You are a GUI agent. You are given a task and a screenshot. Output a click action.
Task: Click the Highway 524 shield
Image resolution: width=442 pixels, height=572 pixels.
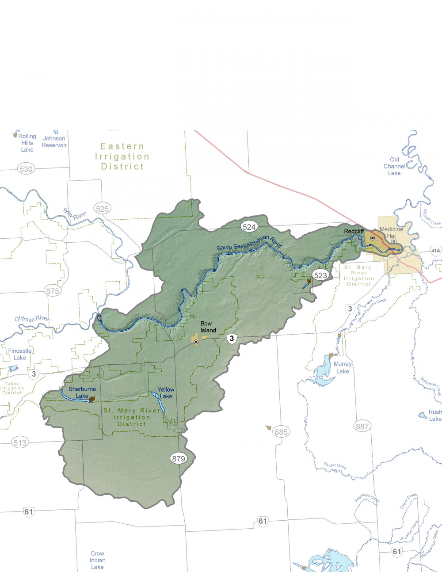[249, 227]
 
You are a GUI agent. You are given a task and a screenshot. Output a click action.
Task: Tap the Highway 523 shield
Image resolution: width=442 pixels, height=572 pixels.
[320, 275]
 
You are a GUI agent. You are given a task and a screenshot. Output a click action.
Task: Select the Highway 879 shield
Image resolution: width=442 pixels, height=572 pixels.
[179, 458]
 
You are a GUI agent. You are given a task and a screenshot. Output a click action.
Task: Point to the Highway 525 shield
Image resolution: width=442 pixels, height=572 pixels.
[102, 209]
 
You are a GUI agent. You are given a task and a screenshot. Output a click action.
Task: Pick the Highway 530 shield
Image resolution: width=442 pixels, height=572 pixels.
[26, 169]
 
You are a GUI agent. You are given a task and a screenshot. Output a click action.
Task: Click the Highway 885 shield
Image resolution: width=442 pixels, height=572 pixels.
[281, 432]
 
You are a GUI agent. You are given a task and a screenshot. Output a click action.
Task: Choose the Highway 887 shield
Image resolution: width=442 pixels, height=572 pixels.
[362, 426]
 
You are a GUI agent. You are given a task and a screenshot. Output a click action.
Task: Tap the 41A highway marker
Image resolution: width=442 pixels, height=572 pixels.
[436, 251]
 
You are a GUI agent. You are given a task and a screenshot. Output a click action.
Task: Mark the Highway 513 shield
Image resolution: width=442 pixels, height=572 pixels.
[20, 442]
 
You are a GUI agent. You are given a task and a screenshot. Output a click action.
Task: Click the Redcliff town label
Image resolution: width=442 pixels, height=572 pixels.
[354, 231]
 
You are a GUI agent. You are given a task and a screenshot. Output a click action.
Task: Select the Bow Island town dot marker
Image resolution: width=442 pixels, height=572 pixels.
[196, 342]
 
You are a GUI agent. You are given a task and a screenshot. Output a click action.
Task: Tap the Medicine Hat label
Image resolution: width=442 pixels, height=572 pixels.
[392, 233]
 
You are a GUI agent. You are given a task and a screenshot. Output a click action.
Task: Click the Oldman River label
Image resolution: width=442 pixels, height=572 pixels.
[31, 318]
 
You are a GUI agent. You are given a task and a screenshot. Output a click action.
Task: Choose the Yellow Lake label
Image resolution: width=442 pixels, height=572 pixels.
[166, 393]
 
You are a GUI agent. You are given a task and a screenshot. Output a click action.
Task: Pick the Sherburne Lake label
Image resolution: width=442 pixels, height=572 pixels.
[82, 393]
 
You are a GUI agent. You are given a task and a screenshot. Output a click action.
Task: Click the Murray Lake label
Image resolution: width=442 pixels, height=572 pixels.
[343, 367]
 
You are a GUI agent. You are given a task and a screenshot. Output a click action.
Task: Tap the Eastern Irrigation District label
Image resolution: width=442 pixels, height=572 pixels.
[122, 156]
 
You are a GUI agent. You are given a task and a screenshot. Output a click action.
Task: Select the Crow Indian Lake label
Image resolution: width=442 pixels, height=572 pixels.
[97, 560]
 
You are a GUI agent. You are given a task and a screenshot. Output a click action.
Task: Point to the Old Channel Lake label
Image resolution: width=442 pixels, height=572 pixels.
[394, 166]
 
